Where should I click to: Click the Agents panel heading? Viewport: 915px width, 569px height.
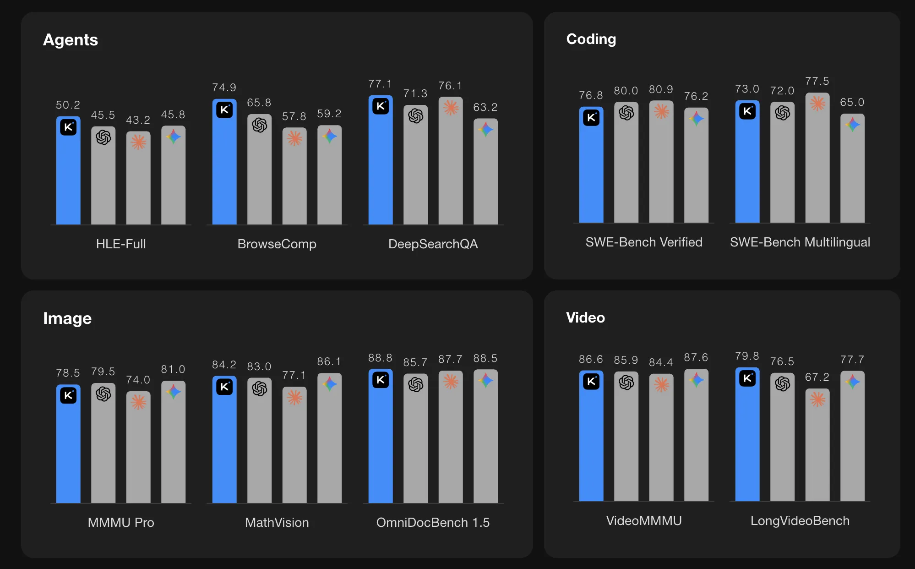(x=71, y=40)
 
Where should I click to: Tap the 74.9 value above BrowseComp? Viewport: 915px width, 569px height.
(x=224, y=88)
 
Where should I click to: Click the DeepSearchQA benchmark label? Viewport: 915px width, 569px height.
(x=433, y=244)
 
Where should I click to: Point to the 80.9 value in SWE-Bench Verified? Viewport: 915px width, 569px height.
(x=661, y=89)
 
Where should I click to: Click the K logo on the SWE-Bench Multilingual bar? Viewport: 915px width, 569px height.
(x=747, y=111)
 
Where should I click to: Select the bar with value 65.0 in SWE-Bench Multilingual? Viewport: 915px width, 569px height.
(x=852, y=174)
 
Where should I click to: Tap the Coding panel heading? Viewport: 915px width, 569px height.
(x=591, y=39)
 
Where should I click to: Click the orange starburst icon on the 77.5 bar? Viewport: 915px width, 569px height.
(x=817, y=104)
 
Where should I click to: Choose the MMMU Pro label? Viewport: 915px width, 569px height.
(x=121, y=522)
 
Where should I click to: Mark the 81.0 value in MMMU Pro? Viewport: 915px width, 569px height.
(x=173, y=369)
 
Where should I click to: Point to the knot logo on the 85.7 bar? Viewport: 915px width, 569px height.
(x=415, y=384)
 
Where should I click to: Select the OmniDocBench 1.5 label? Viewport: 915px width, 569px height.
(x=433, y=522)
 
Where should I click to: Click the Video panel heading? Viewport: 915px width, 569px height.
(x=585, y=317)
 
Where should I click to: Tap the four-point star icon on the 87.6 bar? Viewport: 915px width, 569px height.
(x=696, y=380)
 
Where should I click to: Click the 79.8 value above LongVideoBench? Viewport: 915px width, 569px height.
(x=747, y=356)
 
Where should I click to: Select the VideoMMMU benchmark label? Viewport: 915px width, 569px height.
(x=643, y=520)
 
